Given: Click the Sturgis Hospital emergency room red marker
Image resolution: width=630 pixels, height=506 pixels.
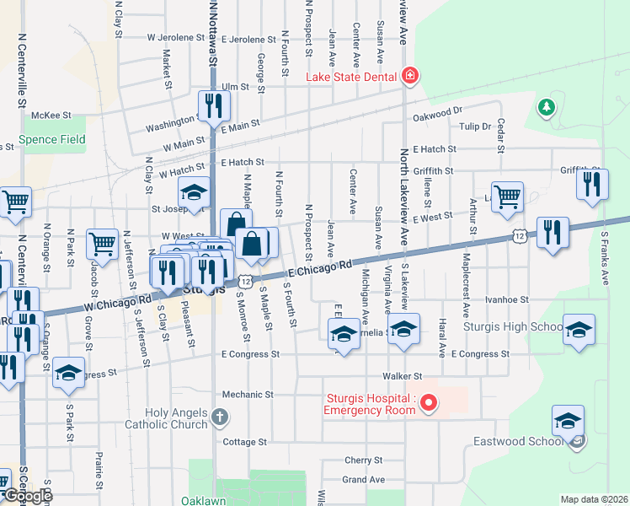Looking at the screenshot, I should coord(429,403).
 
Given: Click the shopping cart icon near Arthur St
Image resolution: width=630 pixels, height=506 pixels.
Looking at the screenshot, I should coord(507,197).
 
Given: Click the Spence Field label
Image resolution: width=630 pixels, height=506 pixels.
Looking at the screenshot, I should coord(52,139).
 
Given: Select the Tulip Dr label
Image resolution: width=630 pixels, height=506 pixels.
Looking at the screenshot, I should coord(475,126).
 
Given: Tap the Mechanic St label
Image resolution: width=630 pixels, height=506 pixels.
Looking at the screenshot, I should coord(248,394).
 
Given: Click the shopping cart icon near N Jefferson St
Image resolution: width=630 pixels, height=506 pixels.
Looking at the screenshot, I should coord(102,244).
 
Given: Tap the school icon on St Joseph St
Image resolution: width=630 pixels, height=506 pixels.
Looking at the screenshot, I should coord(193,195).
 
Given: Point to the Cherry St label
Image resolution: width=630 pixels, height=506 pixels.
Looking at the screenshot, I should coord(364,460).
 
